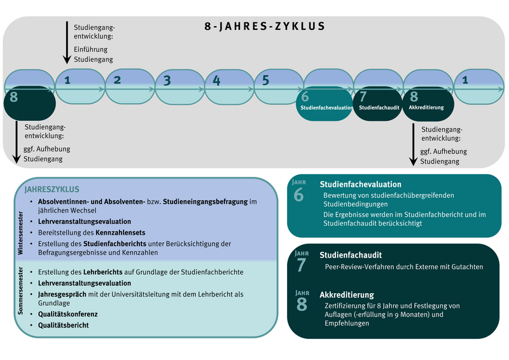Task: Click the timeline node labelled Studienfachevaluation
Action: click(326, 102)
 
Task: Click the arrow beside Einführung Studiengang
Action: click(67, 41)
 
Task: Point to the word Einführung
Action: click(90, 50)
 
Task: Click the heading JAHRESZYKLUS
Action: click(52, 189)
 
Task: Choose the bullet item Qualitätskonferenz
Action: click(67, 314)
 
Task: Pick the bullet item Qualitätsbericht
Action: click(63, 325)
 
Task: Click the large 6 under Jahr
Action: click(299, 195)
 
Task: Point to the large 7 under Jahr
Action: click(301, 265)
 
